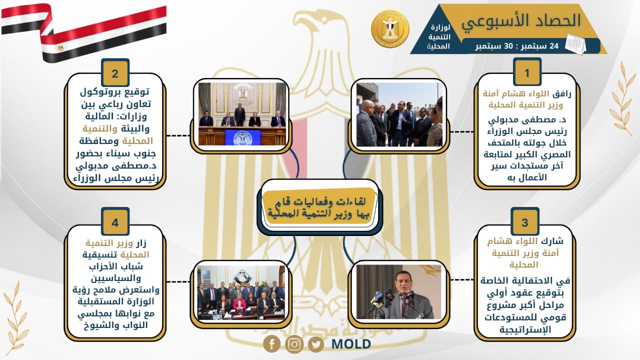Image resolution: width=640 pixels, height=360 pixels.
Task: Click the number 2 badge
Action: click(x=115, y=72)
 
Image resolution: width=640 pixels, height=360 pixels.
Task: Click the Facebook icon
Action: click(x=271, y=343)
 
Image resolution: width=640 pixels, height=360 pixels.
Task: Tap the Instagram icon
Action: click(x=294, y=344)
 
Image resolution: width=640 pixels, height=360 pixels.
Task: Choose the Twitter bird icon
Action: click(x=316, y=344)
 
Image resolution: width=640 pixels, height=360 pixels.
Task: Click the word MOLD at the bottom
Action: click(x=351, y=344)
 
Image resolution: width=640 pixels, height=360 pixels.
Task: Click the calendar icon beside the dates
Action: click(x=575, y=44)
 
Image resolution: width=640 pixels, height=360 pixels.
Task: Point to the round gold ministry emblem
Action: click(x=390, y=28)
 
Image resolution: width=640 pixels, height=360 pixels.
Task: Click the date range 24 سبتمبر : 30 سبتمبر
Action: click(x=517, y=46)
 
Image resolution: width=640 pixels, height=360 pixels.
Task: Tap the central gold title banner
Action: click(x=319, y=207)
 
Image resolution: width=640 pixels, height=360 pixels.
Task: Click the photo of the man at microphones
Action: click(x=399, y=291)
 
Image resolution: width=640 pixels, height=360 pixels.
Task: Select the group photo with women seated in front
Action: click(x=241, y=292)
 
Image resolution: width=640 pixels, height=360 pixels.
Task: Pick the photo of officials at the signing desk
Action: click(x=242, y=114)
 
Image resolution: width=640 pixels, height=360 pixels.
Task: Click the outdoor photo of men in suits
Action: click(x=399, y=114)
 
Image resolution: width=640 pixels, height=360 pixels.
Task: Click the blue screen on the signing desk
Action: click(x=243, y=137)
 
